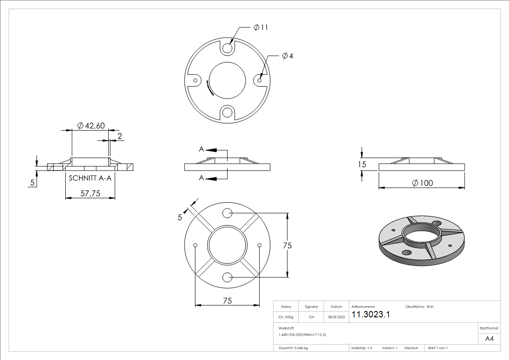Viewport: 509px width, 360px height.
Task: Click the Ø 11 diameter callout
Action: click(x=261, y=28)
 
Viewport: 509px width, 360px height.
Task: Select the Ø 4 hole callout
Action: click(x=287, y=56)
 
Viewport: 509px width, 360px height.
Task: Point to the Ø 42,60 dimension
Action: click(x=91, y=125)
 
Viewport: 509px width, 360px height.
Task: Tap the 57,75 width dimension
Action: click(x=90, y=194)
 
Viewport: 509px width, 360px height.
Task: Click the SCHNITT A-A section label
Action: click(x=90, y=179)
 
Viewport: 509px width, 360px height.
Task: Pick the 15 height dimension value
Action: click(x=362, y=164)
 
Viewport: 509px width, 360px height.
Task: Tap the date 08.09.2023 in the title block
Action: click(x=336, y=317)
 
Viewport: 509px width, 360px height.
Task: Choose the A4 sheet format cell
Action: click(x=490, y=339)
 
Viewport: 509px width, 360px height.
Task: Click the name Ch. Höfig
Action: click(x=286, y=317)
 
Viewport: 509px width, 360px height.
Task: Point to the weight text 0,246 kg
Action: click(x=293, y=348)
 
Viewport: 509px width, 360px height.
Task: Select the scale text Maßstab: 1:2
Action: click(x=362, y=348)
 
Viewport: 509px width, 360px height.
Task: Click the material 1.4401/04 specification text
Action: click(x=302, y=334)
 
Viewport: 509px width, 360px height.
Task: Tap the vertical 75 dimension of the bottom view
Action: click(x=287, y=245)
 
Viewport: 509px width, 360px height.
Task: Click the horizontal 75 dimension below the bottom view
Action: click(x=227, y=300)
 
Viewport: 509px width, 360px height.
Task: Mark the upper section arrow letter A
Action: click(x=201, y=149)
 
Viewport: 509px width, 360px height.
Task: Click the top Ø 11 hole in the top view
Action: click(x=228, y=48)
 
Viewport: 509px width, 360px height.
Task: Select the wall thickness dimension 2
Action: click(x=120, y=136)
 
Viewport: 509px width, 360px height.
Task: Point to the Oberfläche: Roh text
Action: click(x=419, y=307)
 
